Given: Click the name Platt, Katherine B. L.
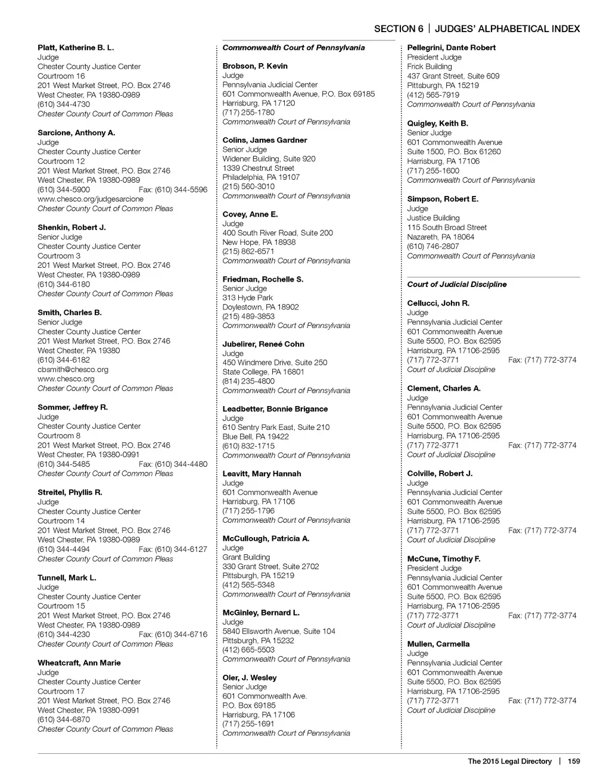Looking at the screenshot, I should (x=76, y=48).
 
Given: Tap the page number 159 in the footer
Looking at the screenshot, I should (x=574, y=761).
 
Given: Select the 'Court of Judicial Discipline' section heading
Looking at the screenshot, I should (x=457, y=285).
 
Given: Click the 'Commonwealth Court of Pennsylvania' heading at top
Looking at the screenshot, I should (x=294, y=48).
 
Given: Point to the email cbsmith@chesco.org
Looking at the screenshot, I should (x=73, y=370).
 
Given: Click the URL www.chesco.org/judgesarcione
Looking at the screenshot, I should (x=91, y=199).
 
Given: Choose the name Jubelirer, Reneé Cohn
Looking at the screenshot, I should (x=263, y=344).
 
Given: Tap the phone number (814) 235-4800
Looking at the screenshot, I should (x=248, y=381).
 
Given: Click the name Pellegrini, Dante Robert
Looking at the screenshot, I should (x=451, y=48).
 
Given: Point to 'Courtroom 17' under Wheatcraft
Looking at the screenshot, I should (x=61, y=691).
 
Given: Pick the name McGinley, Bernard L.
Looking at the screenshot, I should (x=261, y=613).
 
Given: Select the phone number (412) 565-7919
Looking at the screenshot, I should (x=433, y=95).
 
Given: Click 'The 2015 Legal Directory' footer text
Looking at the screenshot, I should (x=509, y=761).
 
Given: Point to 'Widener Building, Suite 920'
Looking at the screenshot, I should (x=269, y=159).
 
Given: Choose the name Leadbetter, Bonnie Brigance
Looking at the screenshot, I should (x=275, y=409).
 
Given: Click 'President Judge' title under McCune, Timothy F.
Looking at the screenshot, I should (x=434, y=569).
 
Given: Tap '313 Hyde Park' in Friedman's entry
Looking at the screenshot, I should (x=248, y=298).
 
